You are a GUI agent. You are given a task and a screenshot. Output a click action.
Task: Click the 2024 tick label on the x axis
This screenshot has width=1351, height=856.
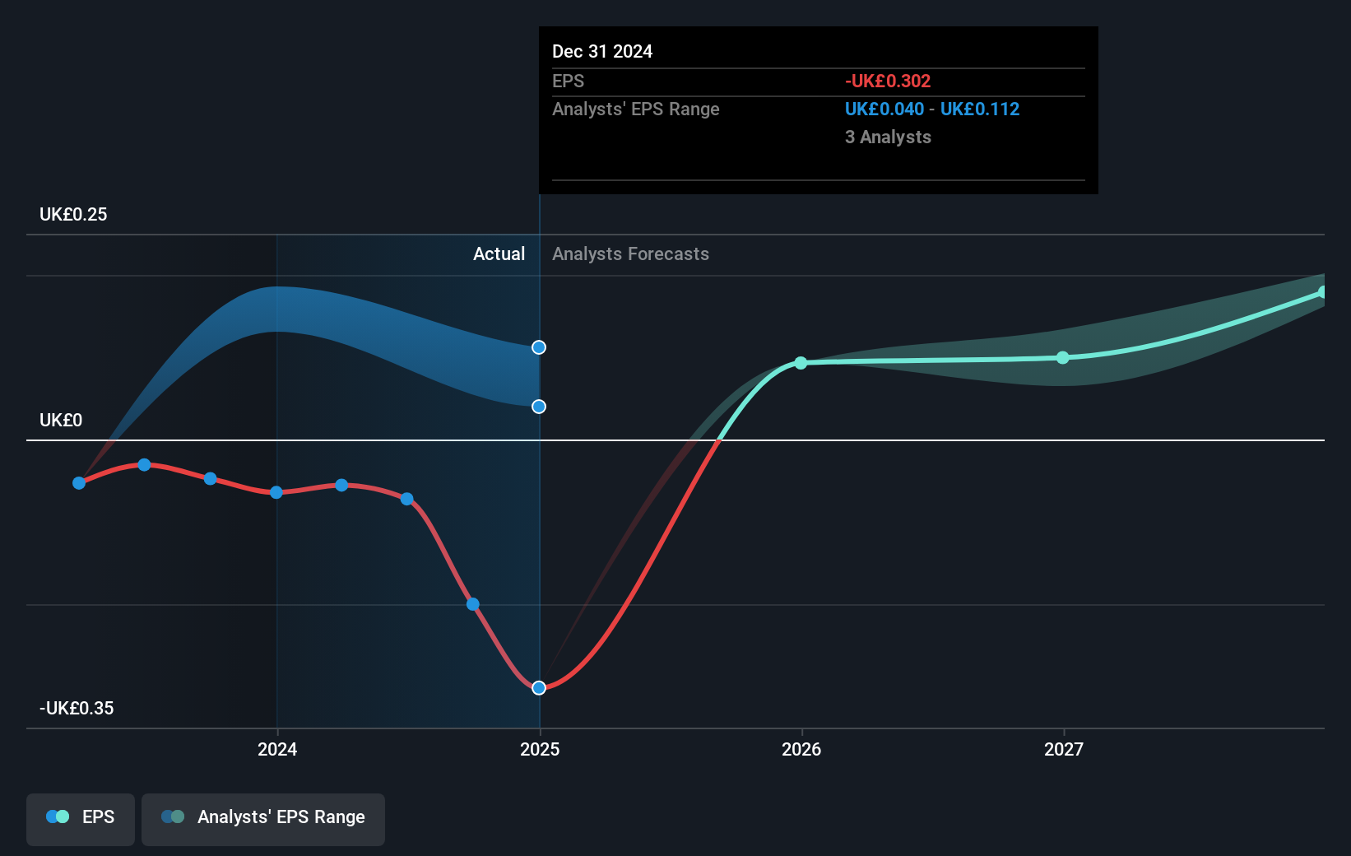pos(277,749)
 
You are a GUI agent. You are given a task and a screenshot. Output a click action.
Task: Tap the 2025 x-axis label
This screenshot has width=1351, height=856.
pos(540,749)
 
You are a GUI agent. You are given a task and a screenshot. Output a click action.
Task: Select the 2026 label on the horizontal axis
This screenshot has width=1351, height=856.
pos(801,749)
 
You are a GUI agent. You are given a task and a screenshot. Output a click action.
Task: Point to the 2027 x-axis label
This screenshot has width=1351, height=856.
pos(1064,749)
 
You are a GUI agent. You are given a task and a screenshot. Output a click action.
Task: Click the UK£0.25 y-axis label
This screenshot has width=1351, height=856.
pos(73,215)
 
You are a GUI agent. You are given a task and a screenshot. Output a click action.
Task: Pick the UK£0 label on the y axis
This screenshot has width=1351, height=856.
pos(61,421)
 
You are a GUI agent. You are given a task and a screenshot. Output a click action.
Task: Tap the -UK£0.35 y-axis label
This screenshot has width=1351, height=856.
pos(77,709)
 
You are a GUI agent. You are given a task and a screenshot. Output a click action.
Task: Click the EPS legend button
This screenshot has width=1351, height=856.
pos(81,818)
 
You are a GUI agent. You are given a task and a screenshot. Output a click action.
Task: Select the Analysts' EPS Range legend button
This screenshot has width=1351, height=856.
pos(263,818)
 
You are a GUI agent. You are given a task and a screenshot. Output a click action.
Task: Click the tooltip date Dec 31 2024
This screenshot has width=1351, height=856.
pos(602,52)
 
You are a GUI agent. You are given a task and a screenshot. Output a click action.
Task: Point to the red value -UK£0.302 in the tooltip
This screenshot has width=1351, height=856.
pos(887,81)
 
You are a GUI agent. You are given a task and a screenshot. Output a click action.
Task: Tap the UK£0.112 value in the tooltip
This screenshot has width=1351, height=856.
pos(979,109)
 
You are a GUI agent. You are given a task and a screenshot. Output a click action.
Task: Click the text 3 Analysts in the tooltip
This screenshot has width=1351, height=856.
pos(888,137)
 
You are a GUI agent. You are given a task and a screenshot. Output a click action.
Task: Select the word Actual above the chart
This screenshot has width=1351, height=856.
pos(499,254)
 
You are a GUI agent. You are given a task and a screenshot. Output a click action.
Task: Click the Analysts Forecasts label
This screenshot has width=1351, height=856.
pos(630,254)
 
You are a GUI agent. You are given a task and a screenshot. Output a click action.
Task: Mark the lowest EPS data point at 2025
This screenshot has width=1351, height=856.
pos(539,688)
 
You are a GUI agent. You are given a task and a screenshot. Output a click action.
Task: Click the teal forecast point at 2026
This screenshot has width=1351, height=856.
pos(801,363)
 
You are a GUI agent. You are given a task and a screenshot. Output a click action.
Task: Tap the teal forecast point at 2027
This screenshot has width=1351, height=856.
pos(1063,357)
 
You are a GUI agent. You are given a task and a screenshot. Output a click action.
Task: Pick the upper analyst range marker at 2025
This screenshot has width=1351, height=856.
pos(539,347)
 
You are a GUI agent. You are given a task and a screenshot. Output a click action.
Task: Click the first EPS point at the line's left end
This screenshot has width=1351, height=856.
pos(79,483)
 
